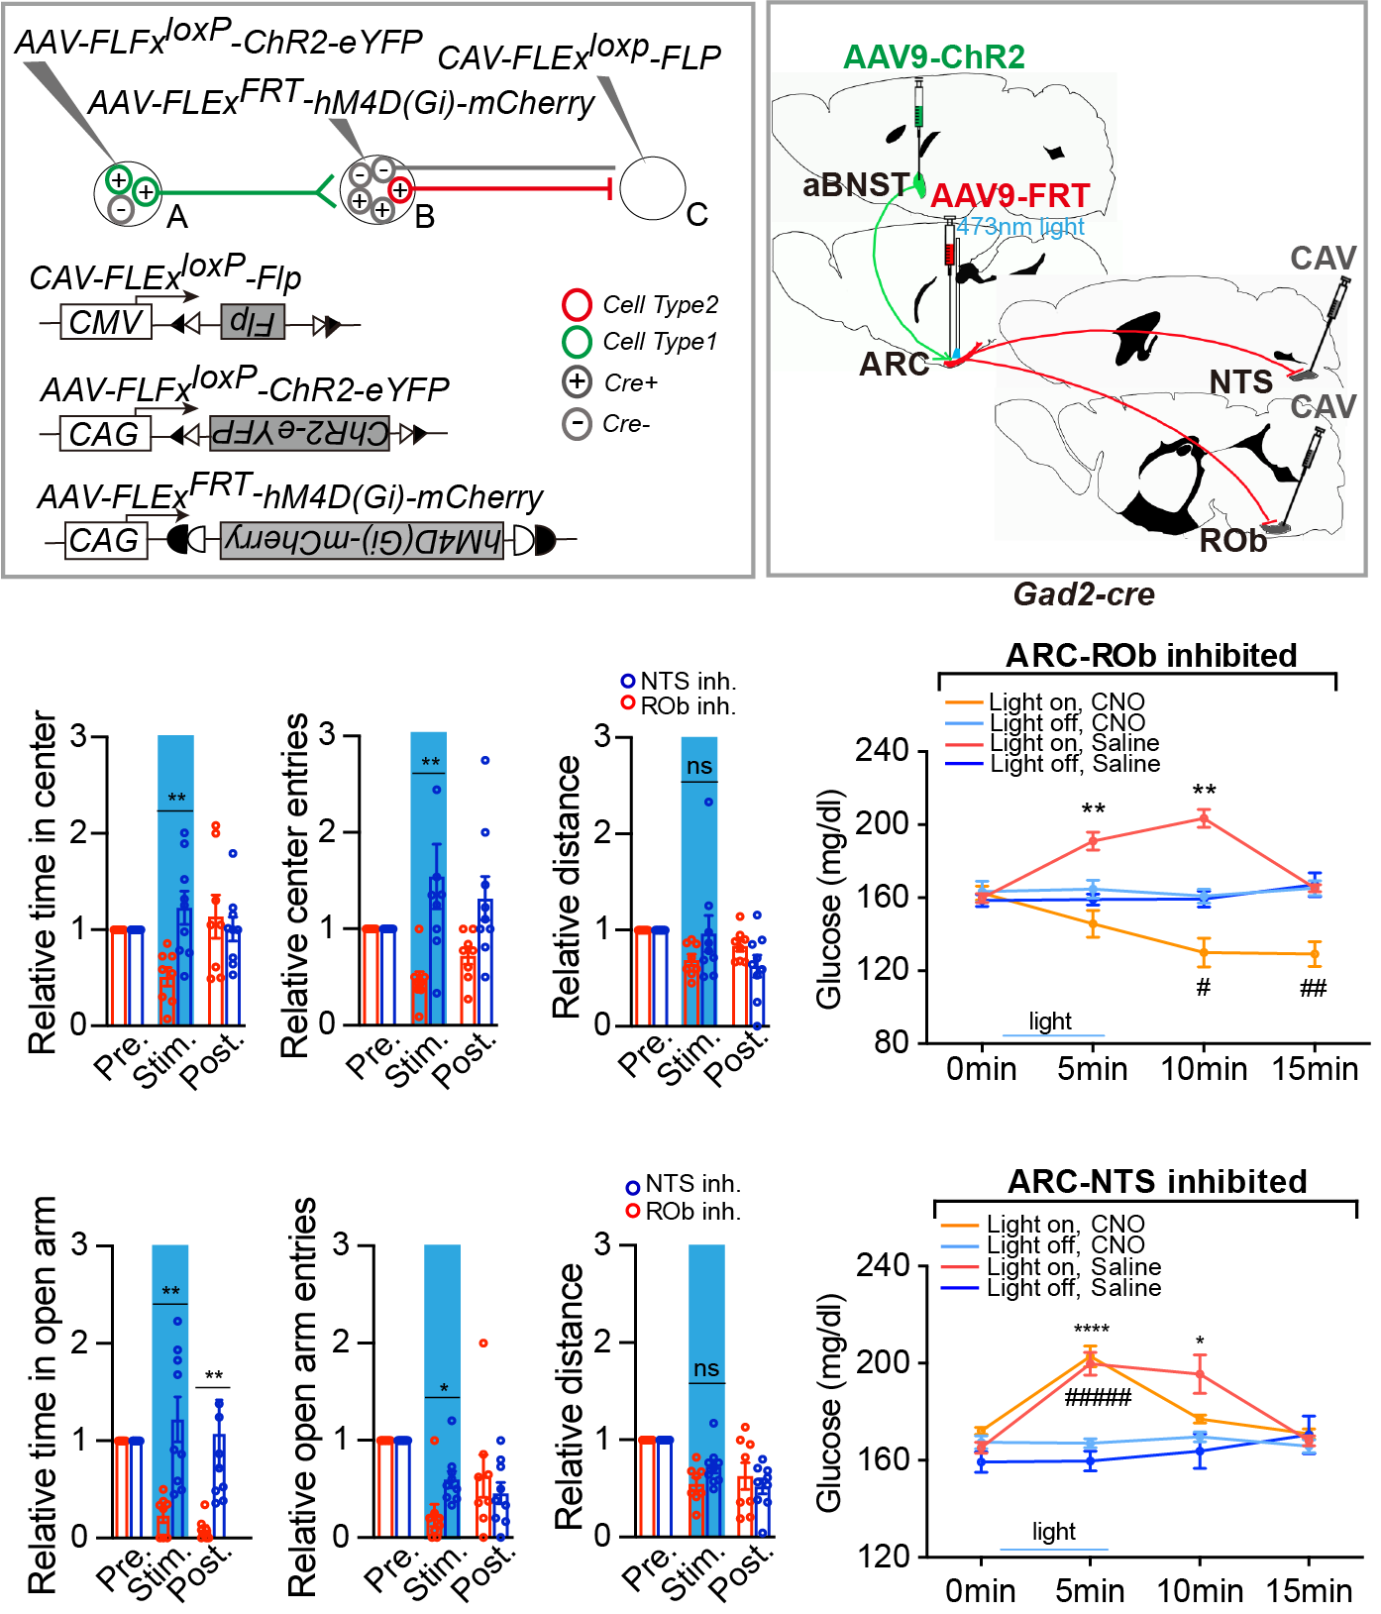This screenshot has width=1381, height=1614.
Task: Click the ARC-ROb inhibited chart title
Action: (x=1150, y=656)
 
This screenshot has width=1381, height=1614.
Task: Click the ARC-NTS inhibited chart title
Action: (x=1156, y=1182)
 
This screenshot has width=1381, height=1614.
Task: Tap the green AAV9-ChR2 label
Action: (x=933, y=57)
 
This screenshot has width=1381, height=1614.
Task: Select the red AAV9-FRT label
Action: (x=1009, y=196)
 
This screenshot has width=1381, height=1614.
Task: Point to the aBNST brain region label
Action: (x=855, y=185)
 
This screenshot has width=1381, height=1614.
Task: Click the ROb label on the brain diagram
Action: (x=1232, y=541)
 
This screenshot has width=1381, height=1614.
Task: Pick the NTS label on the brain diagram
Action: (x=1240, y=382)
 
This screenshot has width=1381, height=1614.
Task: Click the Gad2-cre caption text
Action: (x=1084, y=594)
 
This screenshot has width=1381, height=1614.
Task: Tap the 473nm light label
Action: (x=1020, y=227)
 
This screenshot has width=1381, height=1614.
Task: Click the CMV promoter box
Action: (x=106, y=323)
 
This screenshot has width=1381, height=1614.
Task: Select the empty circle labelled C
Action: (x=653, y=187)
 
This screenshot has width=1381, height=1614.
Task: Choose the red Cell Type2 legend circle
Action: (x=577, y=304)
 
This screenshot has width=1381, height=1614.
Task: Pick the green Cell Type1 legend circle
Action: (x=577, y=342)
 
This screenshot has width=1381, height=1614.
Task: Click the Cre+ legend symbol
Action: (x=577, y=382)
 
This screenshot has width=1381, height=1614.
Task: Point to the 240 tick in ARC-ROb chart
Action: (x=882, y=751)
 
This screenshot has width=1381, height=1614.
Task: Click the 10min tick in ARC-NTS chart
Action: (x=1200, y=1591)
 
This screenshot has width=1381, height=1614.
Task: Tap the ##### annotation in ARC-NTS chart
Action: (x=1098, y=1398)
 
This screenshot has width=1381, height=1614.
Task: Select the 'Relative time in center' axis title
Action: (x=43, y=882)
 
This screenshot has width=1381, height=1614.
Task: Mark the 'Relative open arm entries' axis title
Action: (x=302, y=1397)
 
